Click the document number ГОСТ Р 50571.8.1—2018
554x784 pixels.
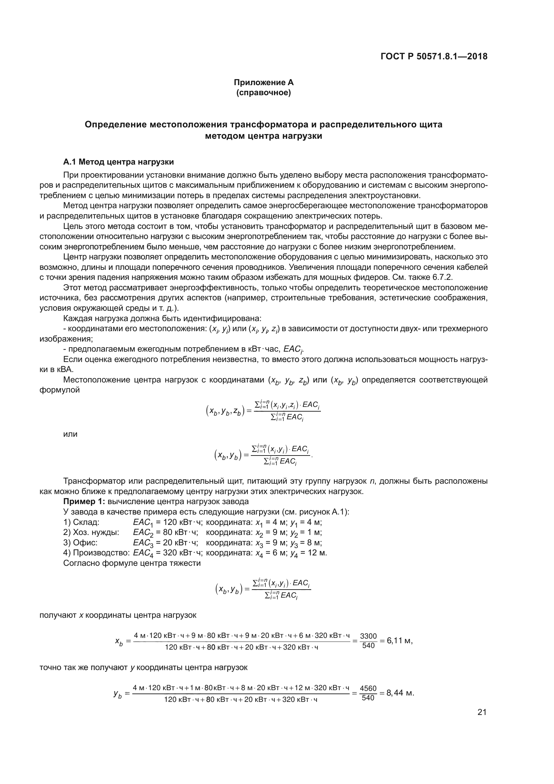pos(433,56)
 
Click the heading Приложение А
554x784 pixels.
pos(263,82)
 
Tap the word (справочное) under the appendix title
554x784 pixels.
pos(263,93)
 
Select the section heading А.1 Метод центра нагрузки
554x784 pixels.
pos(118,162)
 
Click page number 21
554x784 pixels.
pos(482,712)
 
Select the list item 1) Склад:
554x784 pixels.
pos(81,522)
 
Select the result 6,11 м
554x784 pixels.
pos(400,641)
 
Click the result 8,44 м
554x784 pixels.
pos(400,693)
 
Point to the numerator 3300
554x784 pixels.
pos(368,636)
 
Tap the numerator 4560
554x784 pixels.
pos(368,688)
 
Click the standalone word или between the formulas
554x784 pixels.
pos(71,434)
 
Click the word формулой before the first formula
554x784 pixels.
pos(60,390)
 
